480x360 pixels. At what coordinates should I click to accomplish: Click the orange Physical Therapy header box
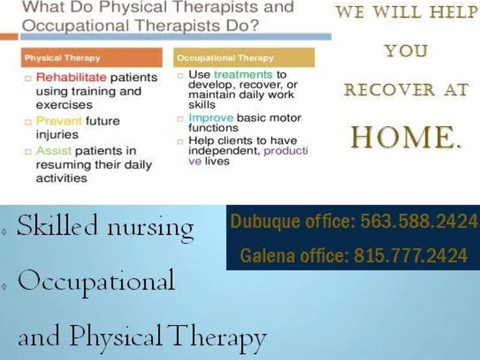[x=92, y=58]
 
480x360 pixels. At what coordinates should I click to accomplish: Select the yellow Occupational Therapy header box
[x=244, y=58]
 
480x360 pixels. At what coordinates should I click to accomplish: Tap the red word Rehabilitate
[x=71, y=77]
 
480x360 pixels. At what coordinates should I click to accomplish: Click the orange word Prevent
[x=59, y=121]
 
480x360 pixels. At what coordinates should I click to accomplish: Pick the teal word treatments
[x=243, y=75]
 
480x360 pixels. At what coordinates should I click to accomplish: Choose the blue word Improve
[x=211, y=118]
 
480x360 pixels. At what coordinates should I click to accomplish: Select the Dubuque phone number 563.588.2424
[x=418, y=221]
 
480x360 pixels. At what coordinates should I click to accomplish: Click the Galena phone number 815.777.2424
[x=410, y=256]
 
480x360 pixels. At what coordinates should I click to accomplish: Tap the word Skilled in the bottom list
[x=58, y=226]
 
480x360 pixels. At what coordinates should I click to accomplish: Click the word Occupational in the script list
[x=96, y=281]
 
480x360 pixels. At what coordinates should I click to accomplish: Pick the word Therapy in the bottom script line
[x=217, y=337]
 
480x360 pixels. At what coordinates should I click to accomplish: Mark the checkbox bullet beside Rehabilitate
[x=28, y=79]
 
